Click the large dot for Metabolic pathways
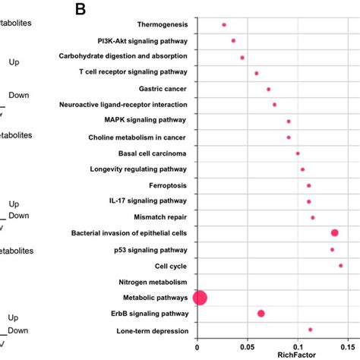coord(200,298)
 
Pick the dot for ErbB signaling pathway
coord(261,314)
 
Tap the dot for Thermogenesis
coord(224,25)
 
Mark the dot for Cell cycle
coord(341,266)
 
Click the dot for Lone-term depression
coord(311,330)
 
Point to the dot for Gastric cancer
coord(269,89)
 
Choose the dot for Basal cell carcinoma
coord(298,153)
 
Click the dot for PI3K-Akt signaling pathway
coord(233,41)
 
